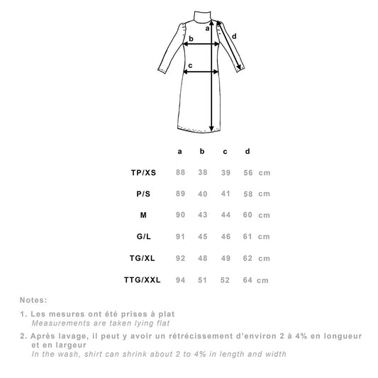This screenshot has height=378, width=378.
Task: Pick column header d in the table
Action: coord(247,151)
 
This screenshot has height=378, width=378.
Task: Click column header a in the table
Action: coord(180,151)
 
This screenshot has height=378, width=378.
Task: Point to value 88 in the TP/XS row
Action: coord(180,172)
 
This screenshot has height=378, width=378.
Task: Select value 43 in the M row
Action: coord(202,215)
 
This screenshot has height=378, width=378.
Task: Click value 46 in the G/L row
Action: coord(225,237)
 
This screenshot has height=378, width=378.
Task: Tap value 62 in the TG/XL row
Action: coord(247,258)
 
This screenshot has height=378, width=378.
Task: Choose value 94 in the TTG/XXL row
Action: coord(180,279)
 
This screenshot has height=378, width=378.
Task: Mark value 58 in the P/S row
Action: coord(247,194)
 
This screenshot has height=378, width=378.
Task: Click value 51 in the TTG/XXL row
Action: coord(202,279)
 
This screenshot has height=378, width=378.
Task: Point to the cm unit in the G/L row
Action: coord(264,237)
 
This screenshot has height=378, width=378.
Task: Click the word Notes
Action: coord(35,300)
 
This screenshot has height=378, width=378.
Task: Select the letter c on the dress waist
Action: coord(190,65)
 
